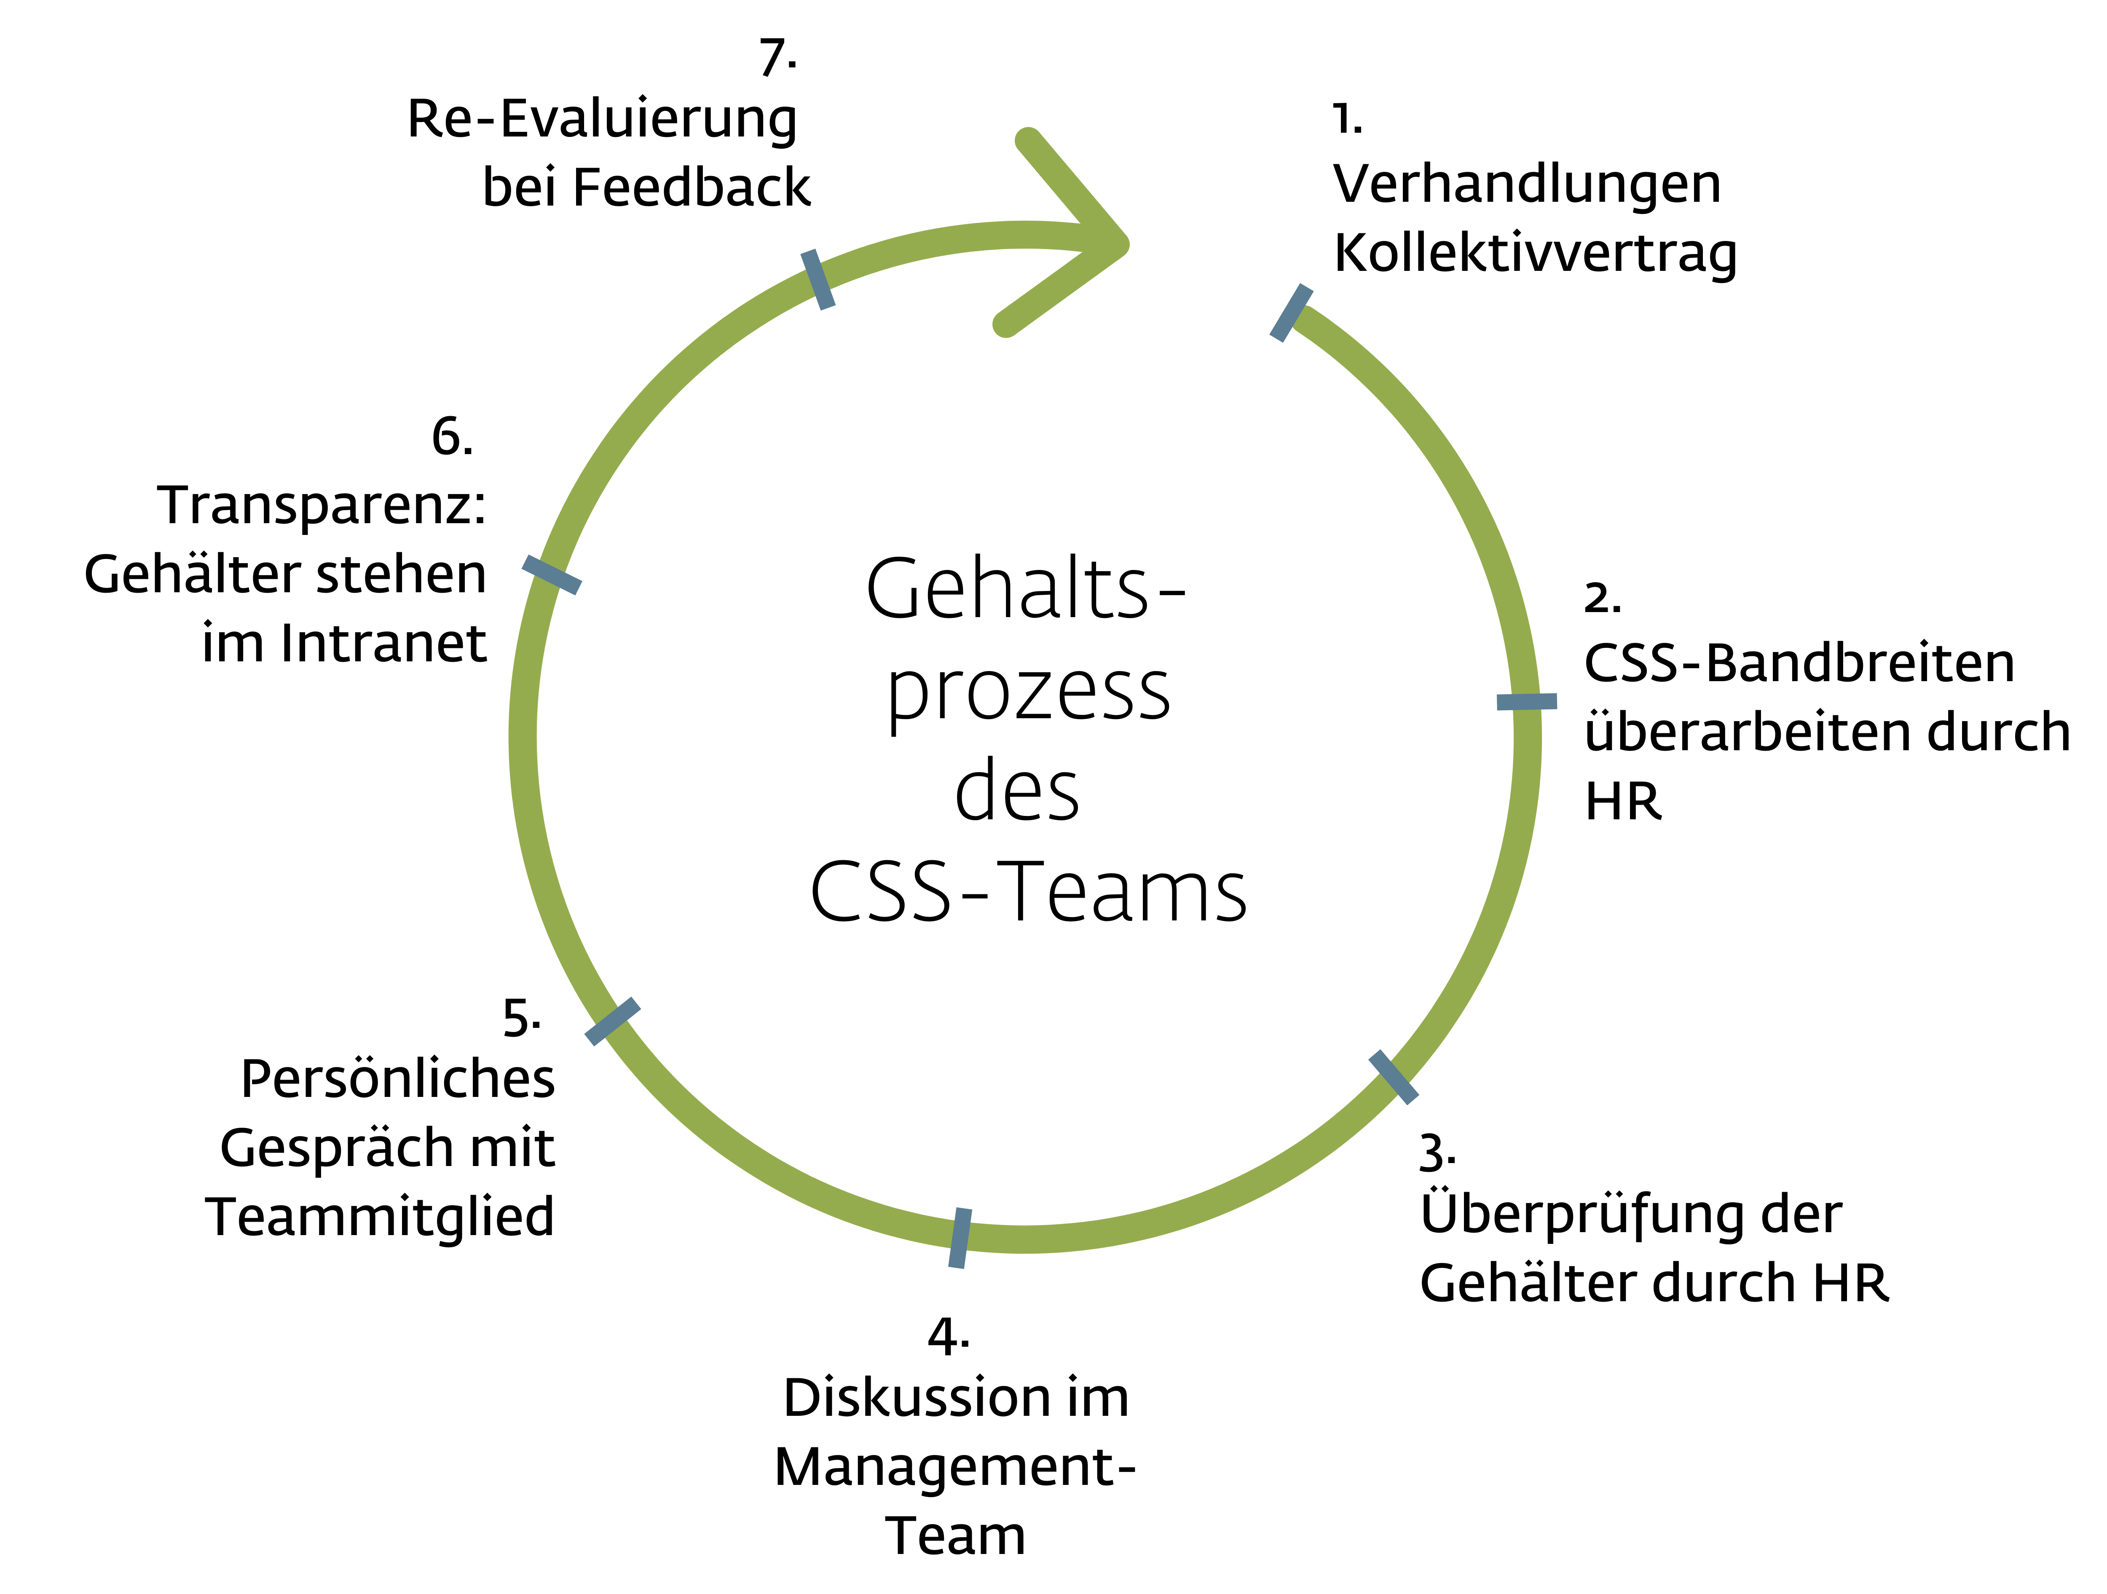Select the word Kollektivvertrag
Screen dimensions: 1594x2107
tap(1535, 253)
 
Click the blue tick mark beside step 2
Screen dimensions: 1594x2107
tap(1526, 702)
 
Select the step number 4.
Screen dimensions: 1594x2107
tap(947, 1337)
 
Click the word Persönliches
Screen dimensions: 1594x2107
tap(397, 1080)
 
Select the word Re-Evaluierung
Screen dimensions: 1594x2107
tap(602, 120)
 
